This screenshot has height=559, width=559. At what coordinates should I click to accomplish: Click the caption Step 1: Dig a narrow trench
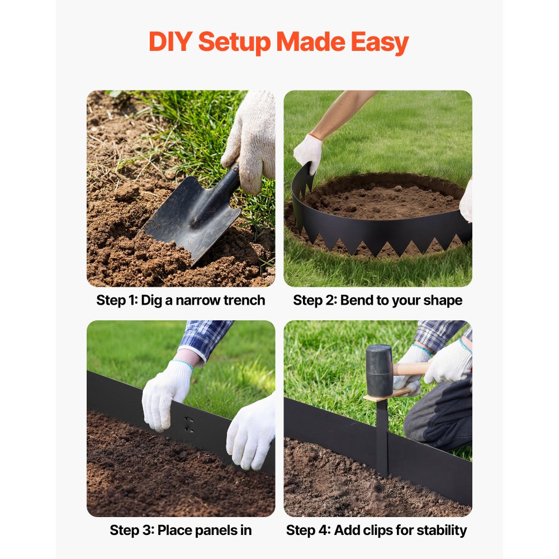click(181, 300)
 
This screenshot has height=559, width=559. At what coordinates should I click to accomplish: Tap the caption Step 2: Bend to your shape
click(378, 300)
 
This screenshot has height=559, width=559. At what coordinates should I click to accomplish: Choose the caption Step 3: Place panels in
click(181, 530)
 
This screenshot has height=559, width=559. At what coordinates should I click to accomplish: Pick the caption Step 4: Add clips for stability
click(377, 530)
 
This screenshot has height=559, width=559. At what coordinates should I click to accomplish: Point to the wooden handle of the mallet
click(411, 369)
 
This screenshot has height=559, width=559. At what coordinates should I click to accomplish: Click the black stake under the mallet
click(382, 436)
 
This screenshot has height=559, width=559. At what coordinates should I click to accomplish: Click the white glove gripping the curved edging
click(308, 152)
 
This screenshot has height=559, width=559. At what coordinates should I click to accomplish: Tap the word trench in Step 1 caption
click(244, 300)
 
